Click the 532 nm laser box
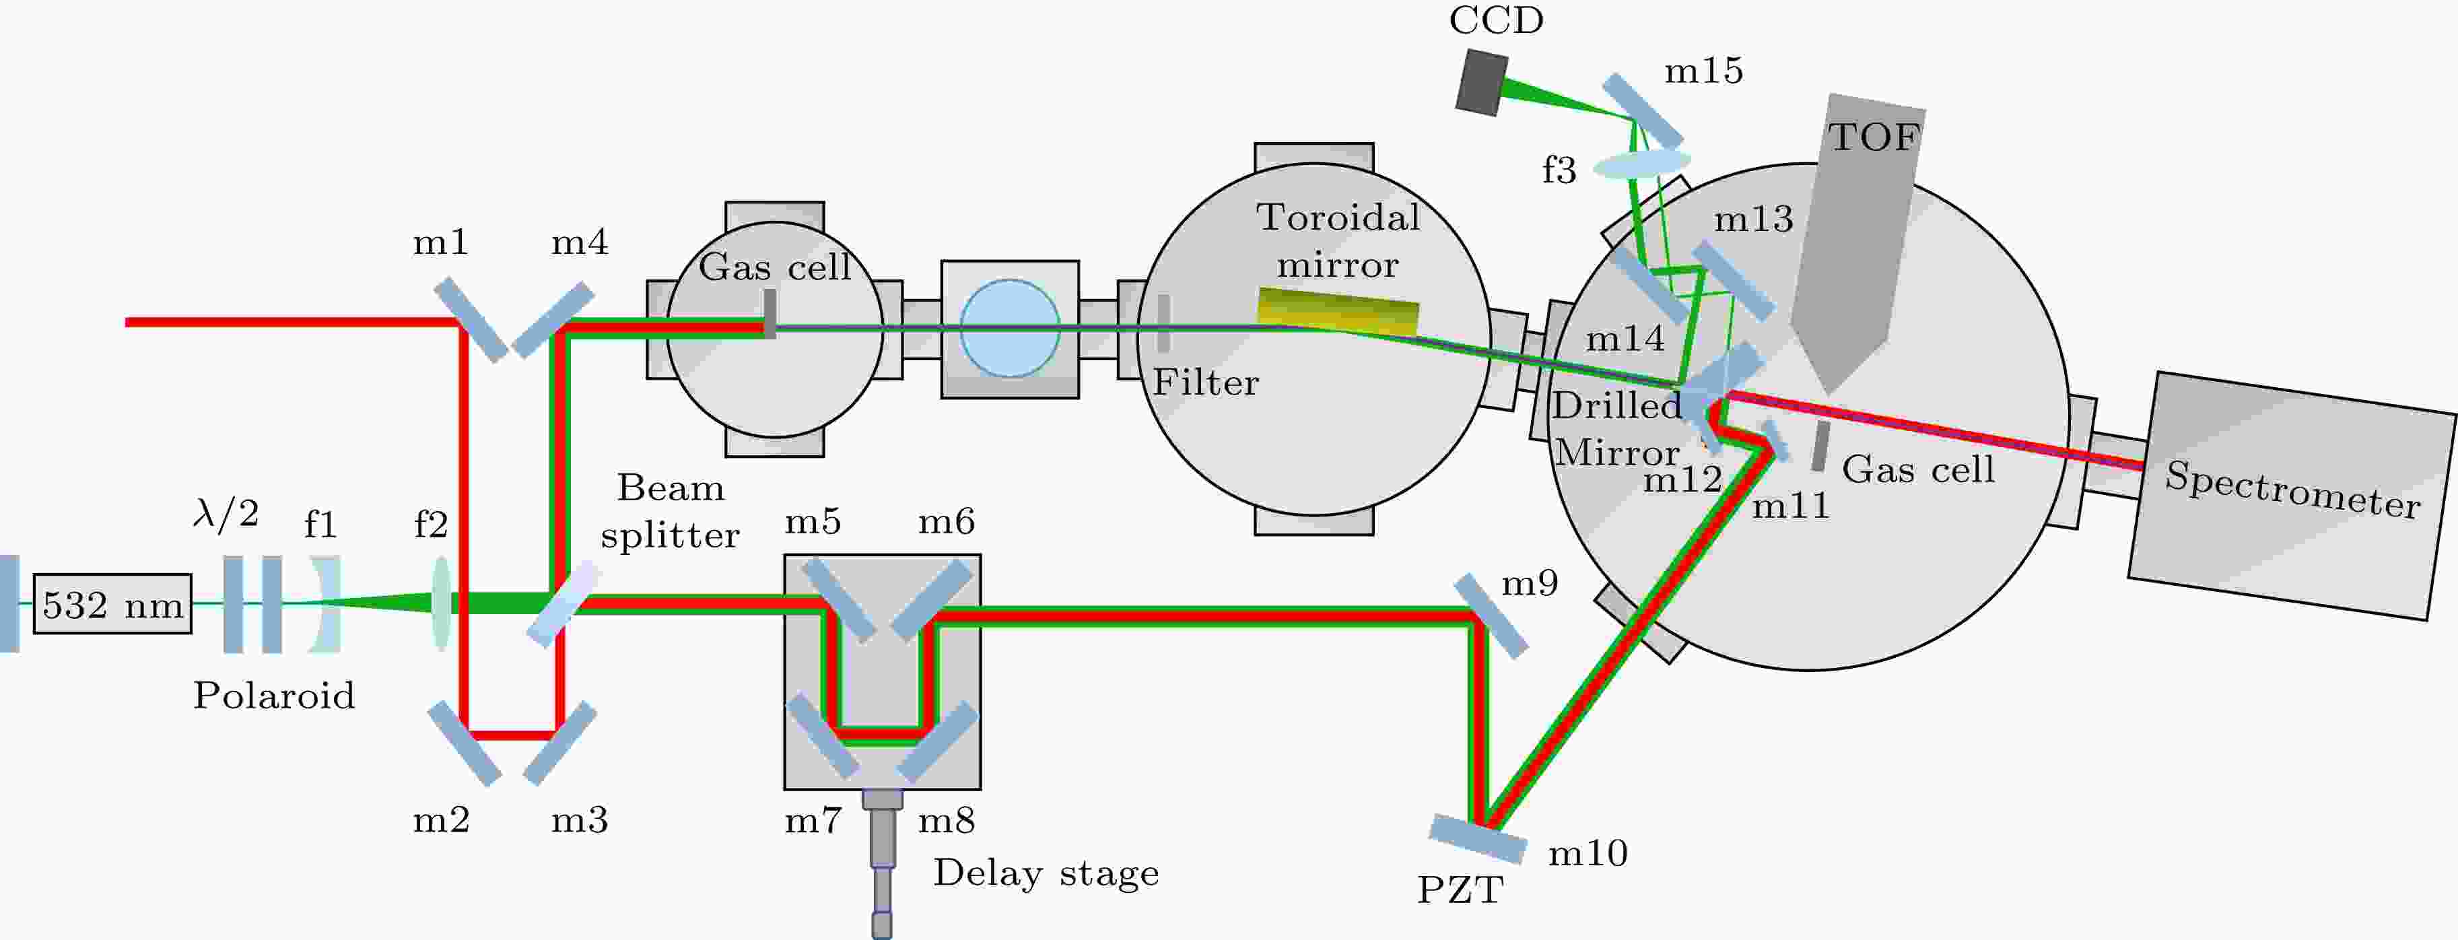(112, 604)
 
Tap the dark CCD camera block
(1482, 83)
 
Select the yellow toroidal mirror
(1338, 311)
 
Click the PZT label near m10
(1460, 890)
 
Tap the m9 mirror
(1491, 615)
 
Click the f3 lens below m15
(1642, 163)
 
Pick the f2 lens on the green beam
(441, 604)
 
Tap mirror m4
(553, 321)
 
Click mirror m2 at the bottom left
(465, 743)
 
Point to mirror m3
(560, 743)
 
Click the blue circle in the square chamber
(1010, 329)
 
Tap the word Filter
(1206, 382)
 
